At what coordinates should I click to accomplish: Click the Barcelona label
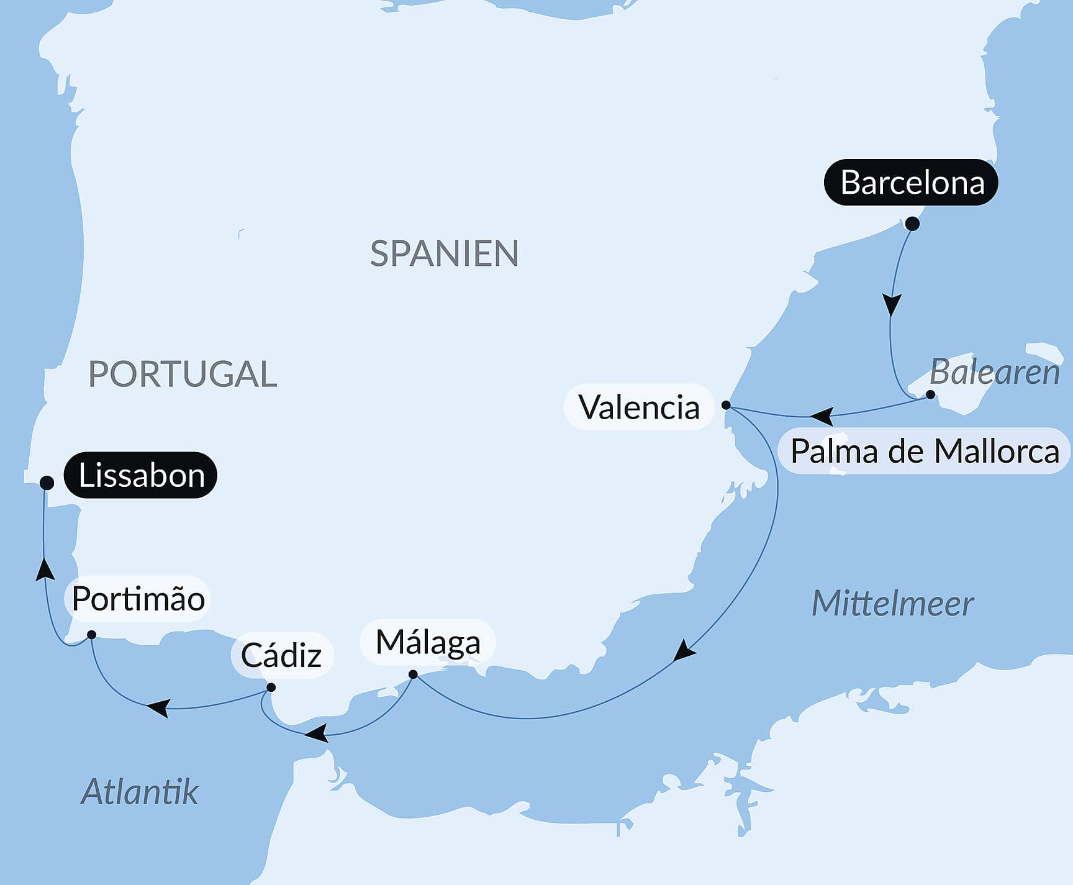point(911,183)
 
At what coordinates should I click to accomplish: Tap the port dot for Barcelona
point(912,224)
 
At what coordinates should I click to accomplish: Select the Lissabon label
point(141,476)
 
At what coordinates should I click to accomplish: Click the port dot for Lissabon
point(47,483)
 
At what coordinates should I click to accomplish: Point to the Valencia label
point(639,407)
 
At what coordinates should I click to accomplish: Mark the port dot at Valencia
point(726,405)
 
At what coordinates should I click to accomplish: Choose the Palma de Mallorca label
point(924,451)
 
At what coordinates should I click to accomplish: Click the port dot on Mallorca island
point(930,394)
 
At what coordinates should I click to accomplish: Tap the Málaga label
point(428,642)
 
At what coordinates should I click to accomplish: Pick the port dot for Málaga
point(413,674)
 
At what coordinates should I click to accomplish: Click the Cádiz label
point(281,655)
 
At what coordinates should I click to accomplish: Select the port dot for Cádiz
point(271,688)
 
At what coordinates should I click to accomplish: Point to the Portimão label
point(138,599)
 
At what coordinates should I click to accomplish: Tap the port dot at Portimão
point(91,635)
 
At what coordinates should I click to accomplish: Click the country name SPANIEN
point(444,253)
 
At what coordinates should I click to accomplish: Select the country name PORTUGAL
point(183,374)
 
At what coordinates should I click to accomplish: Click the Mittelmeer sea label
point(892,604)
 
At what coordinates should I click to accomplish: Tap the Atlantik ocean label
point(140,792)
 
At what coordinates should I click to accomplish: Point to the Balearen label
point(994,373)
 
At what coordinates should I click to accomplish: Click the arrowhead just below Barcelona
point(892,305)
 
